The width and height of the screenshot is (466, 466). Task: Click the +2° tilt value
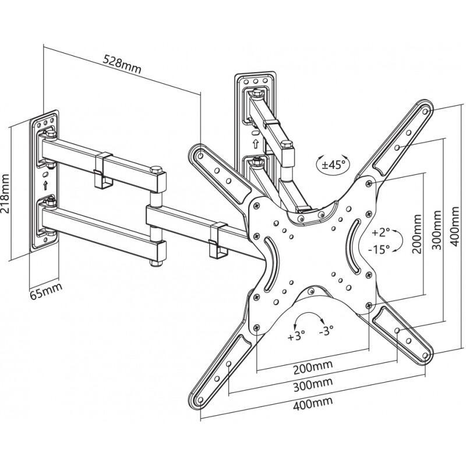[x=381, y=233]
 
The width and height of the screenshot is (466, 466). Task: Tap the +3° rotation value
[x=297, y=337]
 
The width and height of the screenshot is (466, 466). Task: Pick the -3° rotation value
[x=326, y=330]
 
